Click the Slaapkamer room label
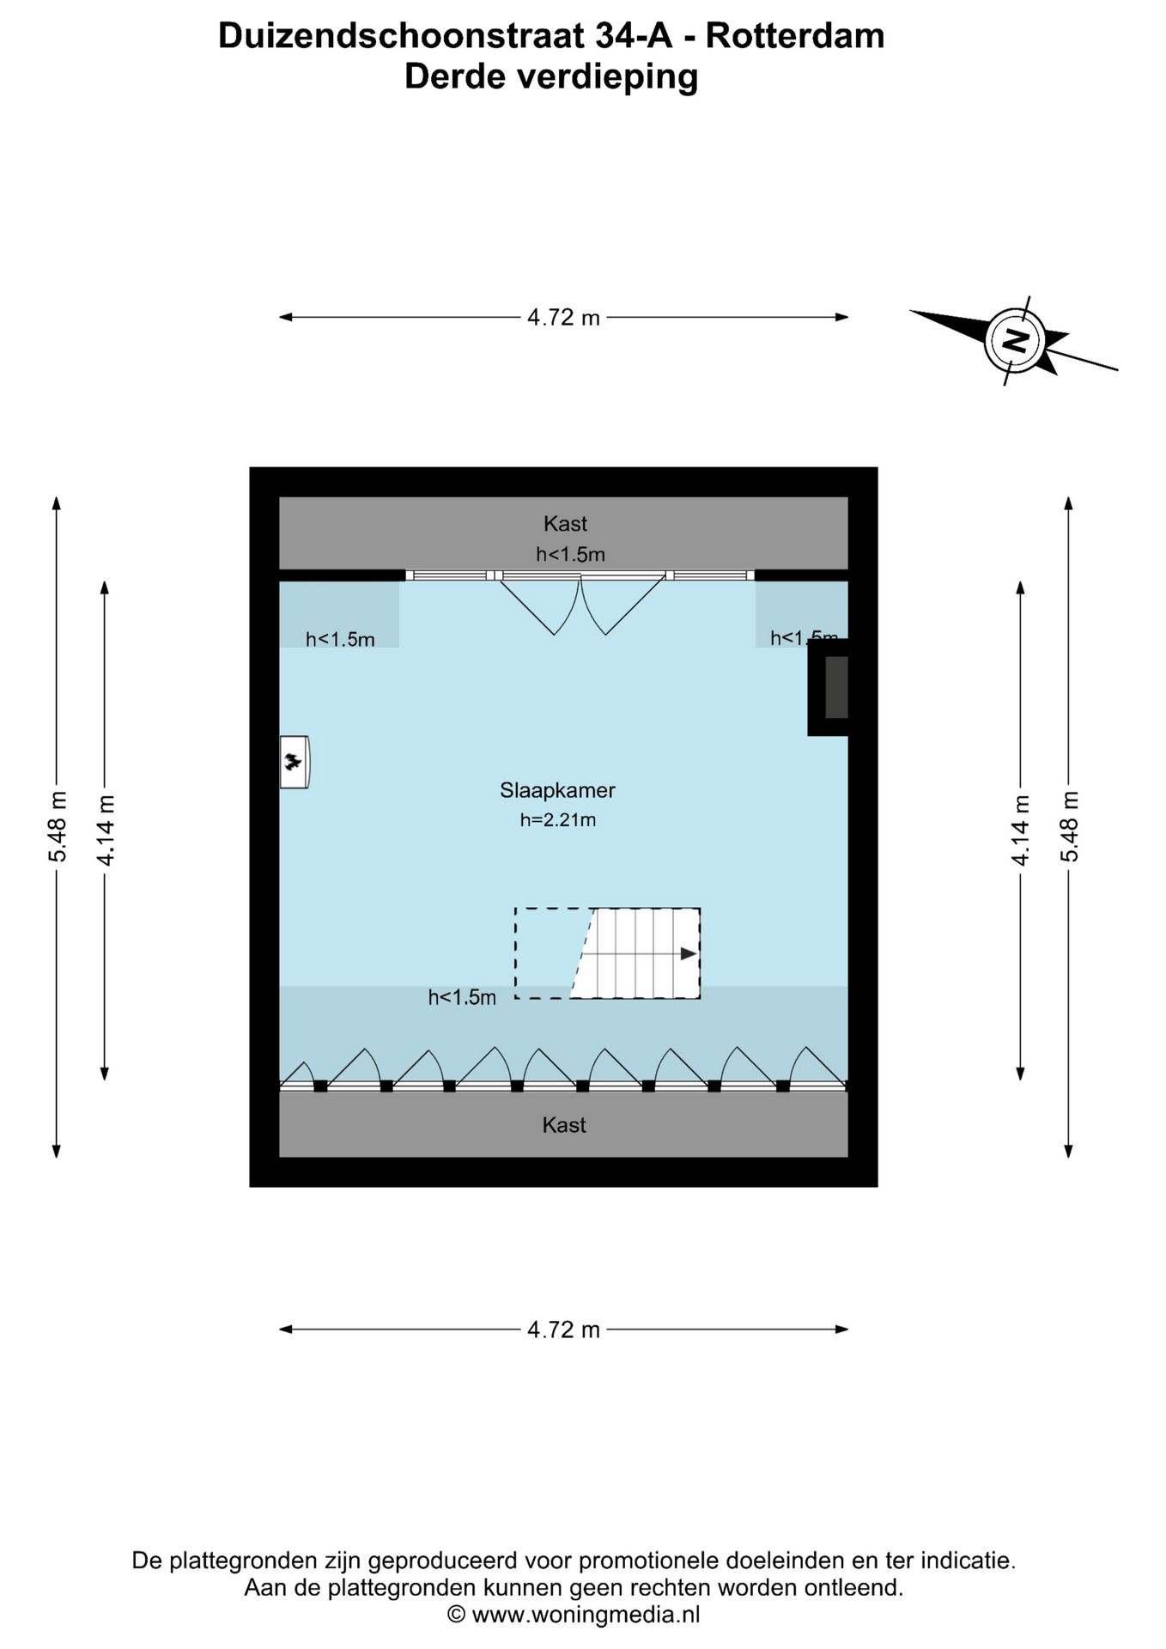click(557, 790)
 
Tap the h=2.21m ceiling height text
click(557, 820)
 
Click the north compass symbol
click(1016, 340)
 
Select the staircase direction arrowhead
click(689, 953)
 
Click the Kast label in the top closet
click(565, 523)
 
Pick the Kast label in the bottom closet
click(564, 1125)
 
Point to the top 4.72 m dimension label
click(563, 318)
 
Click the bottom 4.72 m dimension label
click(563, 1330)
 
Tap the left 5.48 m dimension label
click(58, 826)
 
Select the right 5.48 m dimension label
click(1069, 826)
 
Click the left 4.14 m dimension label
click(105, 830)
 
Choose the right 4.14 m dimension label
click(1021, 830)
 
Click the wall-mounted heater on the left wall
click(295, 762)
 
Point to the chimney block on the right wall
click(829, 687)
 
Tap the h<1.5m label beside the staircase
click(462, 997)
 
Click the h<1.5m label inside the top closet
click(570, 555)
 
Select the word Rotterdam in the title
click(795, 36)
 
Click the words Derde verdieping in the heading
click(551, 76)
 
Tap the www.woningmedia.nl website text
click(586, 1615)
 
